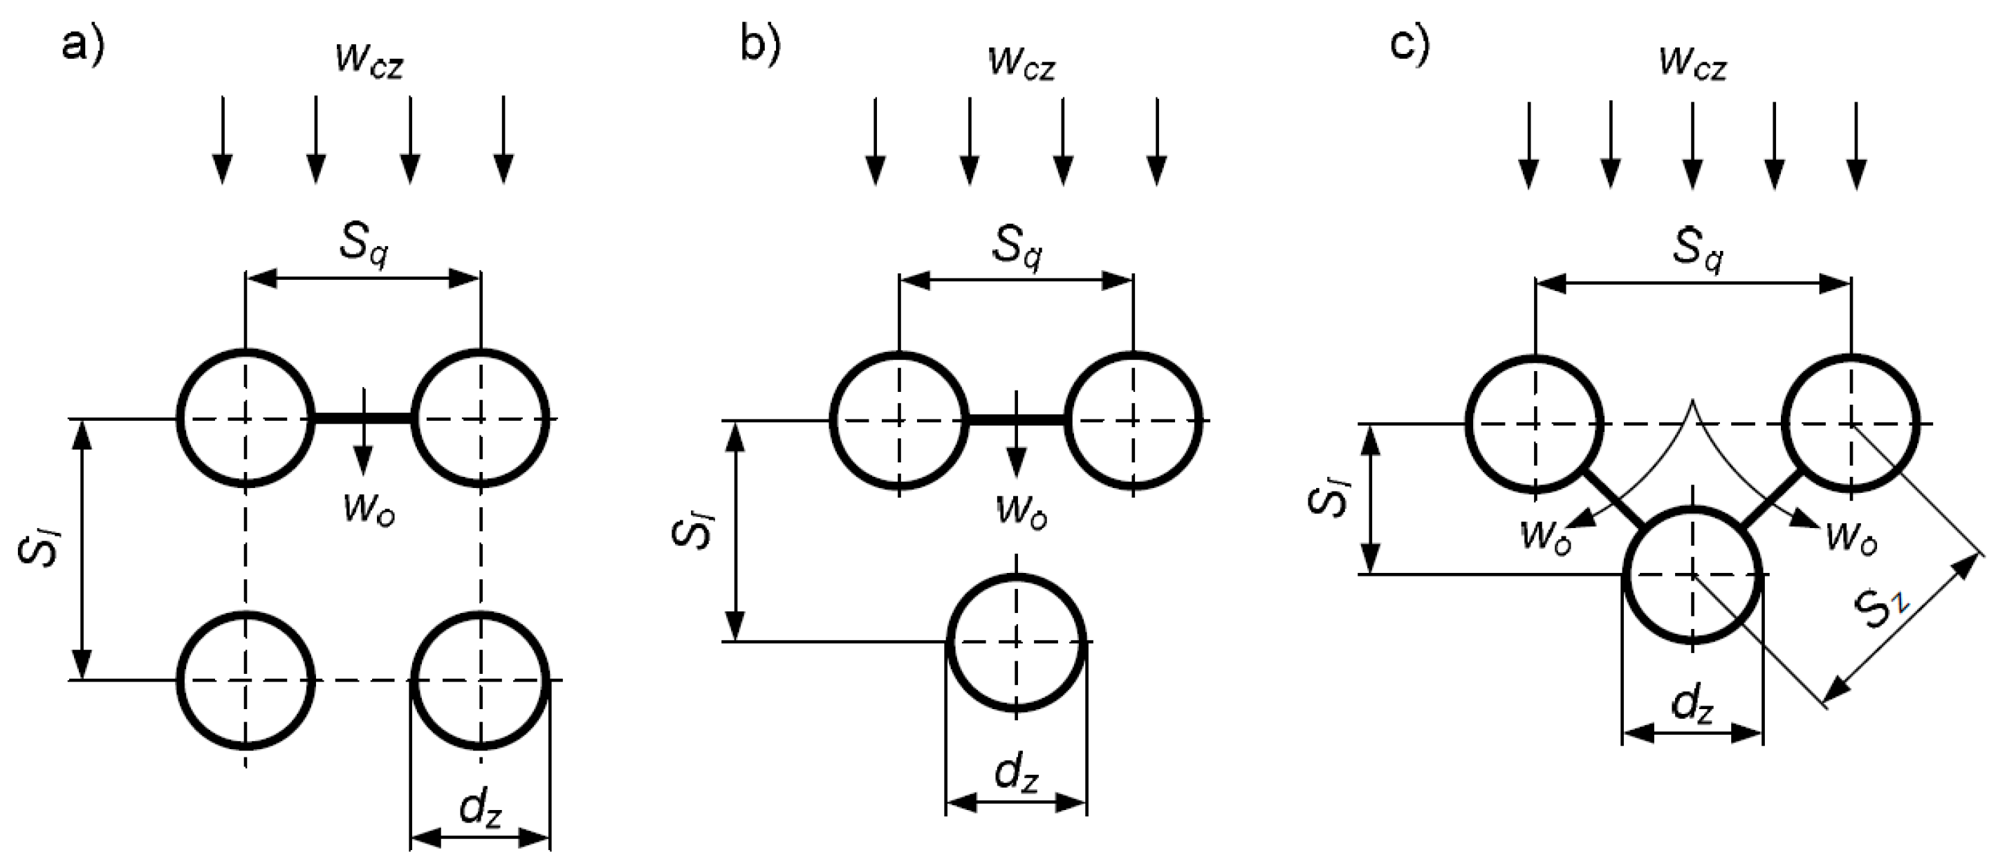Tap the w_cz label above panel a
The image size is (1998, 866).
pos(370,62)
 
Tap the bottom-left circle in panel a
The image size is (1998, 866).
pos(246,680)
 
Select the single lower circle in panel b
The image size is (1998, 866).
pos(1016,642)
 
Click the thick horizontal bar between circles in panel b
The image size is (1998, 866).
pos(1017,420)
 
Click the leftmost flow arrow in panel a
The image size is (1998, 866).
pos(223,140)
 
